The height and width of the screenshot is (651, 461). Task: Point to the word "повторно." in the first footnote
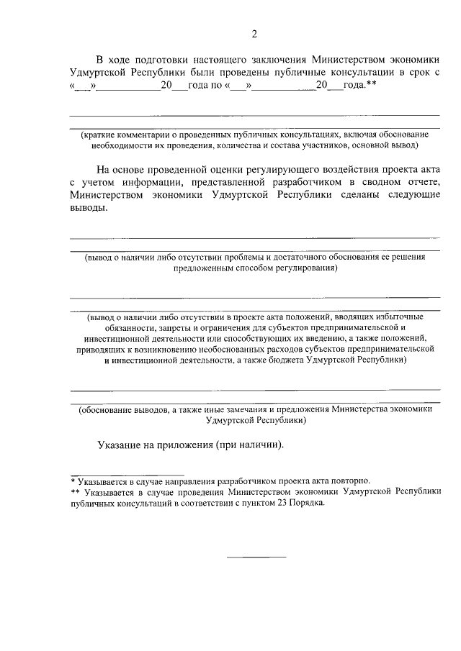[350, 480]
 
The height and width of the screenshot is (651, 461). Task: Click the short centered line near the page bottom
[256, 556]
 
